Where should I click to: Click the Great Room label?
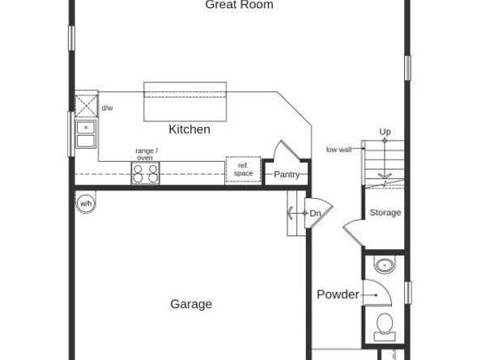239,5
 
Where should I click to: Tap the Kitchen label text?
189,129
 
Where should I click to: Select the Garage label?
191,304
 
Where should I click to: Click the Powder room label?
338,294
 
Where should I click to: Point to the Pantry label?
287,175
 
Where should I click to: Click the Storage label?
385,213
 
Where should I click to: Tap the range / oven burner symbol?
146,172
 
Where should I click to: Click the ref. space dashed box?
243,170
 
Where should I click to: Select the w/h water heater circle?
85,204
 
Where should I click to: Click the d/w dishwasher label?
107,108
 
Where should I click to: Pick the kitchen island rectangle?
184,102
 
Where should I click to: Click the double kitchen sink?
86,134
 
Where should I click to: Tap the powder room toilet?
385,325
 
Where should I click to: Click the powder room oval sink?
384,266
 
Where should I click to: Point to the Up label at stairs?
385,131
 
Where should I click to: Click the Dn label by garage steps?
315,214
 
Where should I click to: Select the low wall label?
338,150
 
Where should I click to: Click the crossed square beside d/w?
86,104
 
